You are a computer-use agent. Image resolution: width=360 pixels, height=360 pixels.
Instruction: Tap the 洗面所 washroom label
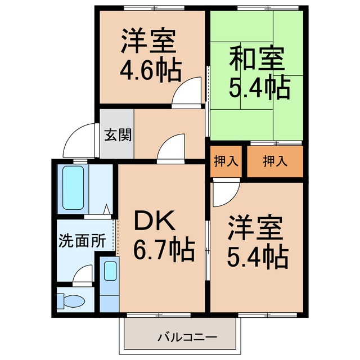tap(82, 241)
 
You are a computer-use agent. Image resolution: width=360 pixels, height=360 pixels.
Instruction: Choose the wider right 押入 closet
tap(276, 161)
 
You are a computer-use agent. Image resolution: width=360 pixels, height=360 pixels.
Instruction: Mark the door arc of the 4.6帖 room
tap(187, 92)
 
